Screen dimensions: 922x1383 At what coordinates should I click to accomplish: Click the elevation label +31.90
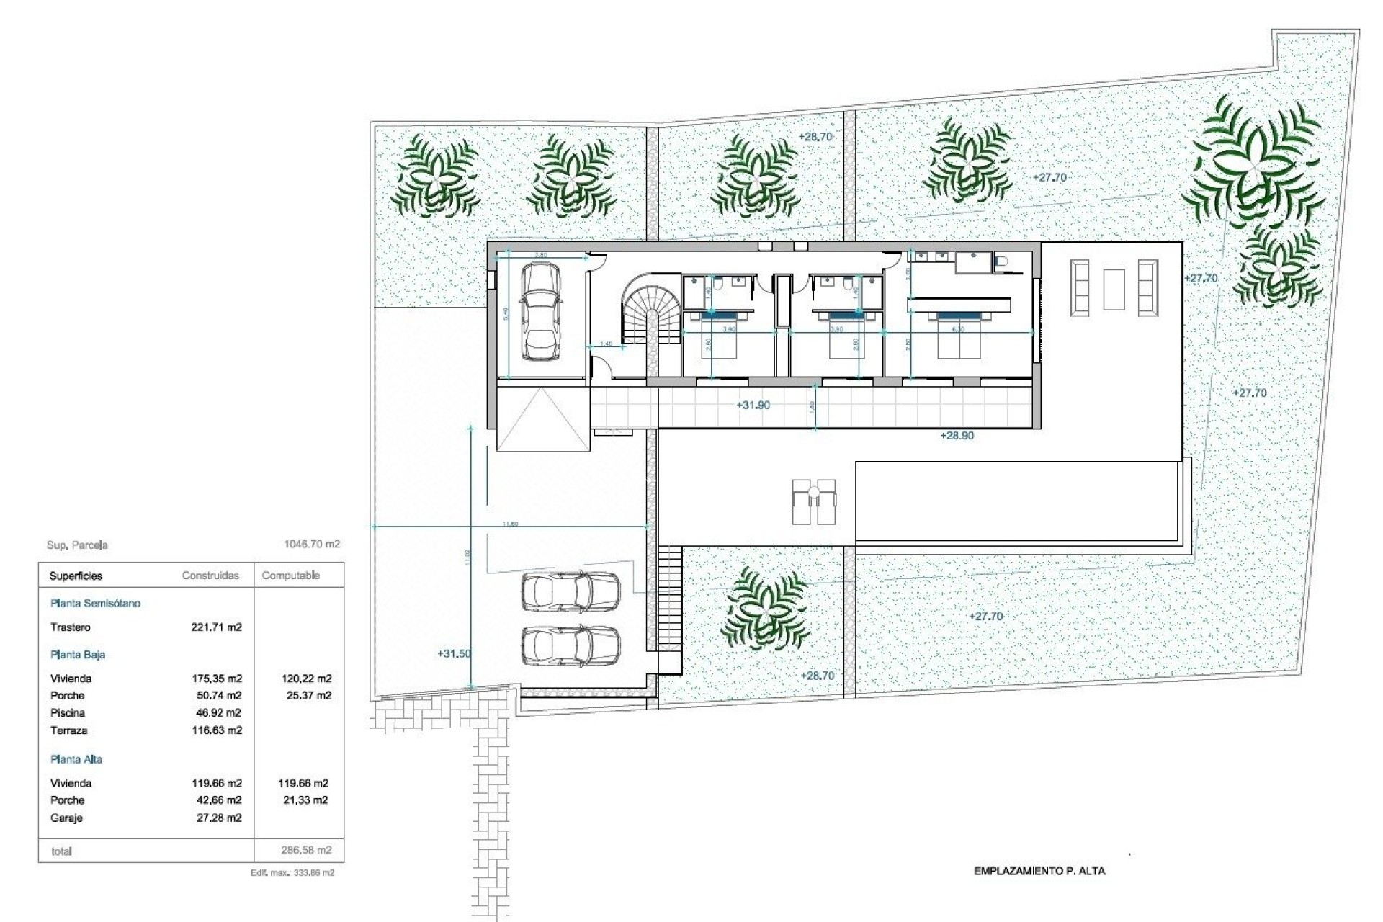click(x=753, y=406)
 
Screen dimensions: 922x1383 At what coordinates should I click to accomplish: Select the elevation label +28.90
click(x=957, y=436)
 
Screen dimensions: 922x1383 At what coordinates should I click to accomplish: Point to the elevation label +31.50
click(x=454, y=654)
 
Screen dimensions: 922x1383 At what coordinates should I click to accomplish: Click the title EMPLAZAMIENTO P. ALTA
click(x=1039, y=871)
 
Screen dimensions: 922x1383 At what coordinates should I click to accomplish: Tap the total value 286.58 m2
click(x=306, y=850)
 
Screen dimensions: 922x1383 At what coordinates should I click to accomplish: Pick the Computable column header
click(x=291, y=576)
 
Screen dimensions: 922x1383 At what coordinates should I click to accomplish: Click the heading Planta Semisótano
click(x=95, y=604)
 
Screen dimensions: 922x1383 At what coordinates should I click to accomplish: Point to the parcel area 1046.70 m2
click(x=312, y=545)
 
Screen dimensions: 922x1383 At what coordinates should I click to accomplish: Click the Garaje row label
click(x=67, y=818)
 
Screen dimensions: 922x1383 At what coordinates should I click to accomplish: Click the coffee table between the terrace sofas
click(x=1114, y=289)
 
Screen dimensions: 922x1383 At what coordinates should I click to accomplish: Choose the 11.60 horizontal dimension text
click(x=509, y=524)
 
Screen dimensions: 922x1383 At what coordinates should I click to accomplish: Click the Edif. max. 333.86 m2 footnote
click(x=292, y=872)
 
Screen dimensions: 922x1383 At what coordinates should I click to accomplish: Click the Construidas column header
click(x=210, y=576)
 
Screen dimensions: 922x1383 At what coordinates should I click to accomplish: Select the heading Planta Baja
click(x=78, y=655)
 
